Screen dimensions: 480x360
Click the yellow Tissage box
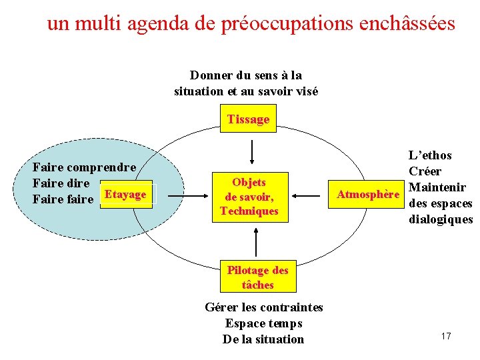click(x=248, y=119)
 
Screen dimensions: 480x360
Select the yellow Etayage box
click(x=126, y=194)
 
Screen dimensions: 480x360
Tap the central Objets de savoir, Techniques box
click(x=249, y=197)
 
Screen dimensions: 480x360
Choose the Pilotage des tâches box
click(x=257, y=277)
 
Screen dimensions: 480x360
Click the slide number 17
click(x=446, y=336)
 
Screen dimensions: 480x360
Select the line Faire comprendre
click(x=85, y=167)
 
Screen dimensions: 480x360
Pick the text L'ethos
click(x=430, y=155)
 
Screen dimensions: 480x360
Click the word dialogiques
click(x=440, y=219)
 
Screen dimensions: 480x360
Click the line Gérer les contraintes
click(x=263, y=307)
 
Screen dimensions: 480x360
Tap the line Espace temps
click(x=263, y=323)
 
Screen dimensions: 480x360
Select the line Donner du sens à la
click(x=246, y=75)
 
